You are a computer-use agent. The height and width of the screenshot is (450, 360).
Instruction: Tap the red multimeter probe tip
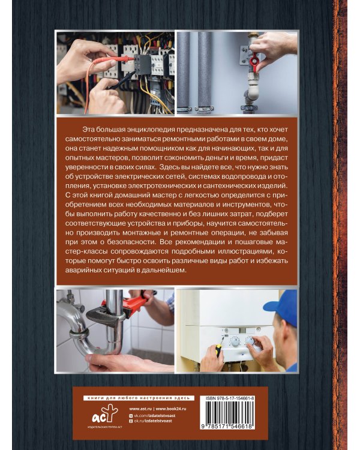tap(130, 58)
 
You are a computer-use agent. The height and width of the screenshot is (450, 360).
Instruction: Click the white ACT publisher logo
tap(104, 413)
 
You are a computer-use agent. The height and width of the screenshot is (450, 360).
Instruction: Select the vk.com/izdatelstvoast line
tap(154, 415)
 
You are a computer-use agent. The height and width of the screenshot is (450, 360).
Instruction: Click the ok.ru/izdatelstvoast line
tap(153, 421)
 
